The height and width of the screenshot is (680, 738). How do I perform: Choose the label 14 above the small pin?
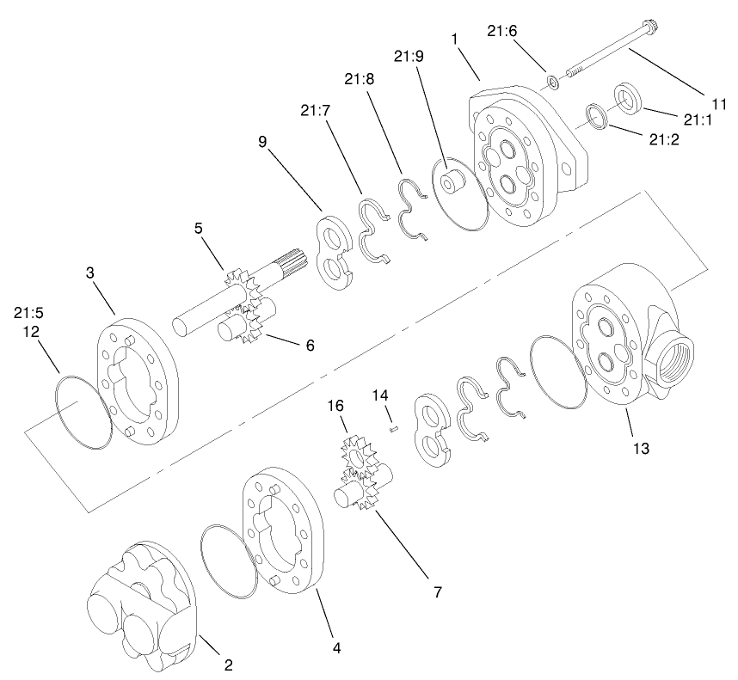(382, 394)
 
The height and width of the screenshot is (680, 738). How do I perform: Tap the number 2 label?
(228, 665)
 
